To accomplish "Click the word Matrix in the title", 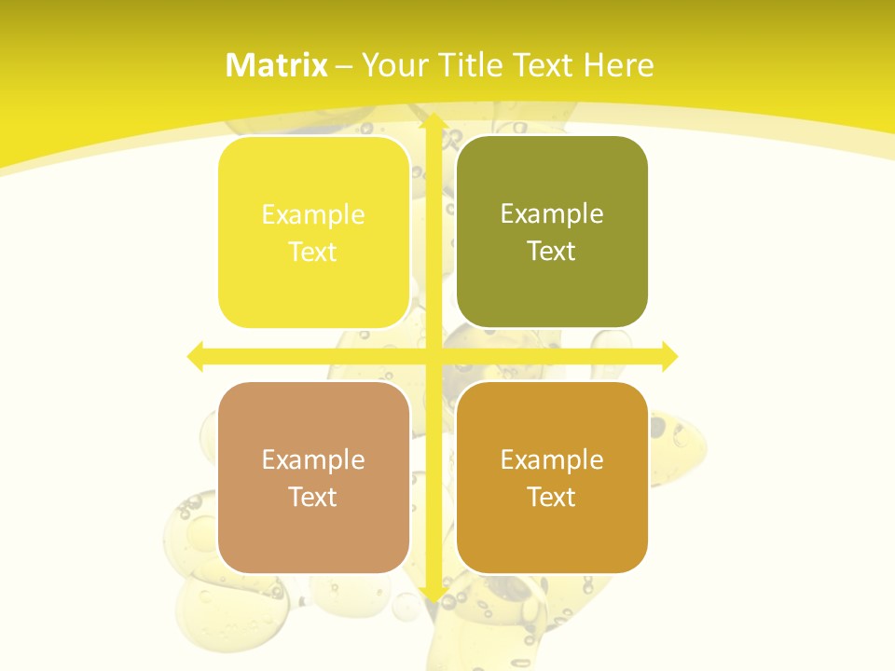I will pyautogui.click(x=277, y=65).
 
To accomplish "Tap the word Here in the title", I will pyautogui.click(x=618, y=65).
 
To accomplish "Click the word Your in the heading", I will pyautogui.click(x=398, y=65).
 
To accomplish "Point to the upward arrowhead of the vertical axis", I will pyautogui.click(x=432, y=120).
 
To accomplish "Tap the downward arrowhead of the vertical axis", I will pyautogui.click(x=432, y=594).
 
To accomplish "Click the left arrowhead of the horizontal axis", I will pyautogui.click(x=195, y=356).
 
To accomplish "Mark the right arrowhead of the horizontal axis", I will pyautogui.click(x=669, y=356).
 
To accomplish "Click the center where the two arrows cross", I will pyautogui.click(x=432, y=356).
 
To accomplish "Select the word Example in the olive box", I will pyautogui.click(x=552, y=213).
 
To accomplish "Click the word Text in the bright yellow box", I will pyautogui.click(x=313, y=252).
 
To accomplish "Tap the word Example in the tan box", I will pyautogui.click(x=313, y=459).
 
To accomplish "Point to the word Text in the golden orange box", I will pyautogui.click(x=552, y=497).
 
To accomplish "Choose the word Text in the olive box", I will pyautogui.click(x=552, y=251).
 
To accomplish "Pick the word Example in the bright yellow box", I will pyautogui.click(x=313, y=214).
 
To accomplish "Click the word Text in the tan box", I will pyautogui.click(x=313, y=497).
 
